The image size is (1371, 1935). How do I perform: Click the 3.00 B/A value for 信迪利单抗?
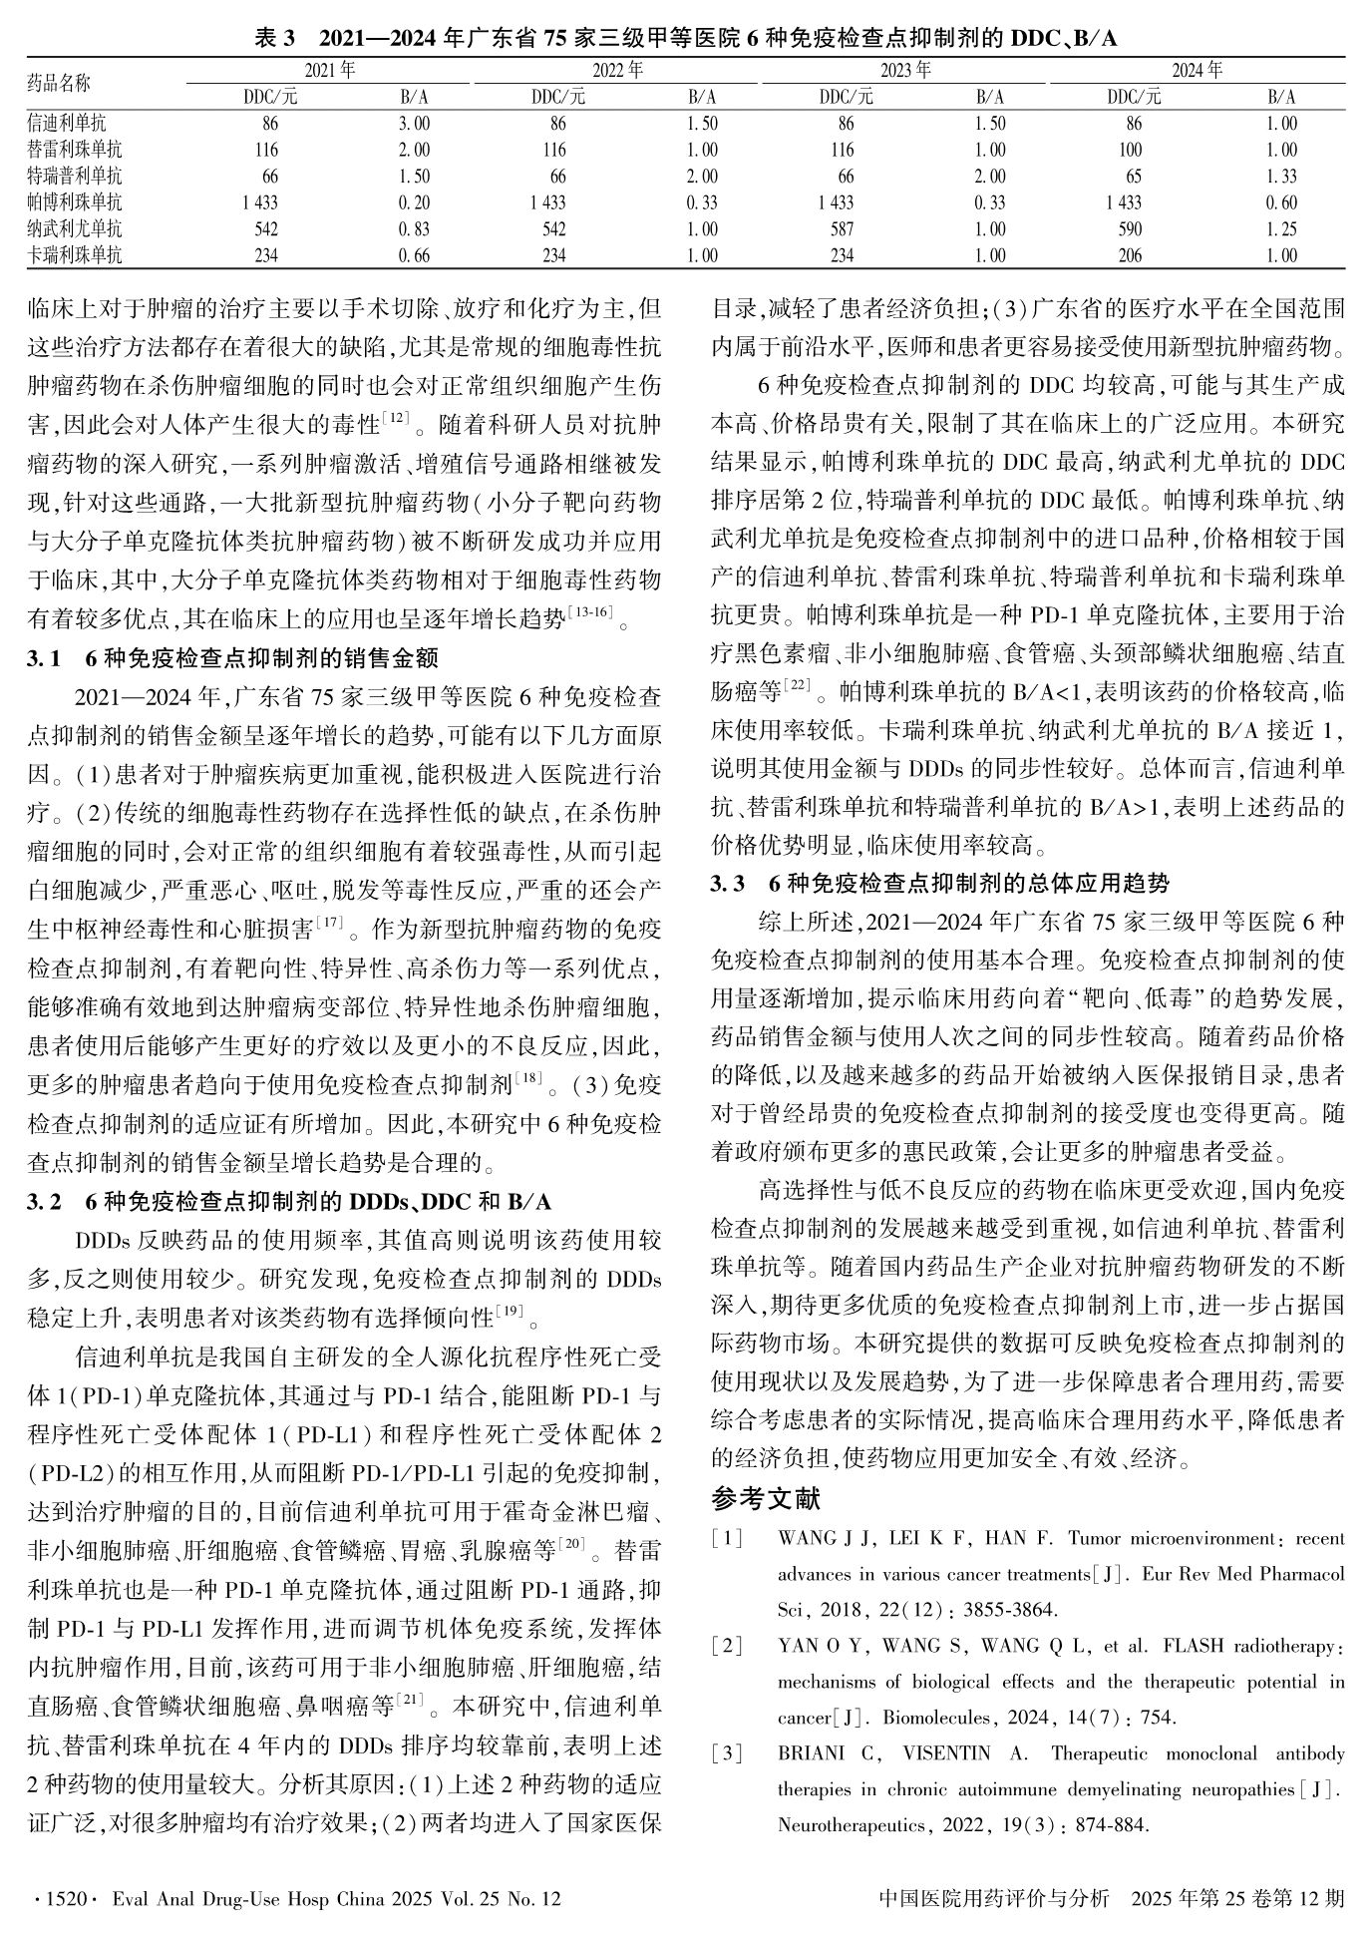[414, 125]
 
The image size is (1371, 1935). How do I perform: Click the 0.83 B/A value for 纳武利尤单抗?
[414, 229]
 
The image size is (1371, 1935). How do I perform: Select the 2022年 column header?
[617, 71]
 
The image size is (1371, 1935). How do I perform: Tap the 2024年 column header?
[1197, 71]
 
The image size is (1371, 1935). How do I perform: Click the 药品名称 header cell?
[59, 84]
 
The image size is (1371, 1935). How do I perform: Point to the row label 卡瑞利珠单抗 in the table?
[75, 255]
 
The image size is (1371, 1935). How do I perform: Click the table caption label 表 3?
[276, 39]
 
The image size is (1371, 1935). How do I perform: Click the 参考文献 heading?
[765, 1499]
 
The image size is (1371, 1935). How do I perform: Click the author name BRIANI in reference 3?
[810, 1754]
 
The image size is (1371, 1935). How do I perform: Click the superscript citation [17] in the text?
[329, 923]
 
